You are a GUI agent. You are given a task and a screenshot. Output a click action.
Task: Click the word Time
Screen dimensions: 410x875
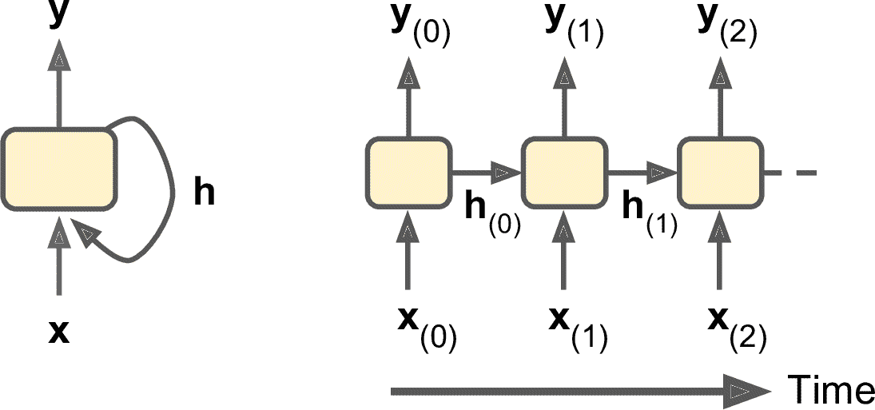(x=831, y=389)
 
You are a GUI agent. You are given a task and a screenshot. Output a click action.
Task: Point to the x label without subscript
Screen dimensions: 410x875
(x=58, y=331)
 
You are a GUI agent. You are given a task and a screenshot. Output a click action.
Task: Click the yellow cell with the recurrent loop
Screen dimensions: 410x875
(x=59, y=169)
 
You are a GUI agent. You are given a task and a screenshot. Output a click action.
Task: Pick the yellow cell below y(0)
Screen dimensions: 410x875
(x=408, y=172)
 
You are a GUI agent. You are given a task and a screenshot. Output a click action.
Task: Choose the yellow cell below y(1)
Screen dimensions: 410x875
(x=564, y=172)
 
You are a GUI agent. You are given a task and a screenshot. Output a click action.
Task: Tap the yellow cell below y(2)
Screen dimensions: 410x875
(x=720, y=172)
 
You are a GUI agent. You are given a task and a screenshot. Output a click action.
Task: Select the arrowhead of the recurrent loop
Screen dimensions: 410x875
(x=87, y=233)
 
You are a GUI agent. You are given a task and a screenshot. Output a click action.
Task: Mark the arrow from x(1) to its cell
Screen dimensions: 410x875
(x=565, y=252)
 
